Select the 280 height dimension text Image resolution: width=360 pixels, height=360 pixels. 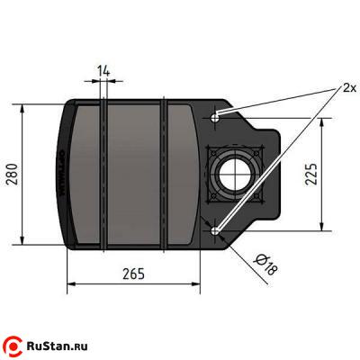coord(12,172)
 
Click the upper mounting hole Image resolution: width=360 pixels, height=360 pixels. coord(215,118)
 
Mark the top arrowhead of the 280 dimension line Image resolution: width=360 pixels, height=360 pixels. coord(22,106)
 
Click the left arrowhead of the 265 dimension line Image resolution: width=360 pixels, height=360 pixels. coord(68,286)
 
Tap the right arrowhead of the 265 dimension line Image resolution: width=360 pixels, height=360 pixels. coord(195,286)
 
